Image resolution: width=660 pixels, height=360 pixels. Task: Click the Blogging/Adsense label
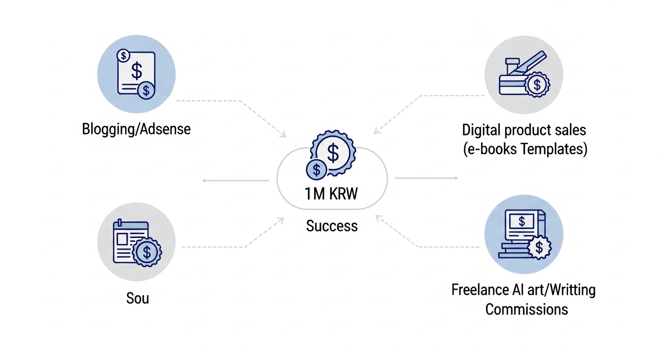click(x=136, y=129)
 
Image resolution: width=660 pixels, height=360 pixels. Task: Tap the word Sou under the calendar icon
click(x=137, y=298)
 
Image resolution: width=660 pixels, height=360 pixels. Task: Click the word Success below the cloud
click(x=331, y=226)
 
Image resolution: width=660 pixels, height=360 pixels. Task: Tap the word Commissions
click(x=526, y=309)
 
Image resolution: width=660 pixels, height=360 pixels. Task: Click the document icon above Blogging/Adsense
click(x=136, y=73)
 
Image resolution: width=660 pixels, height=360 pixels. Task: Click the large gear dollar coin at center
click(x=333, y=152)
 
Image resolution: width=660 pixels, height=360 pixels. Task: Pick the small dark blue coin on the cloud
click(x=317, y=169)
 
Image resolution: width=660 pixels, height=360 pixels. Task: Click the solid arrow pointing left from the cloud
click(x=234, y=180)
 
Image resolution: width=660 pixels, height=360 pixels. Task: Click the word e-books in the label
click(x=490, y=150)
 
